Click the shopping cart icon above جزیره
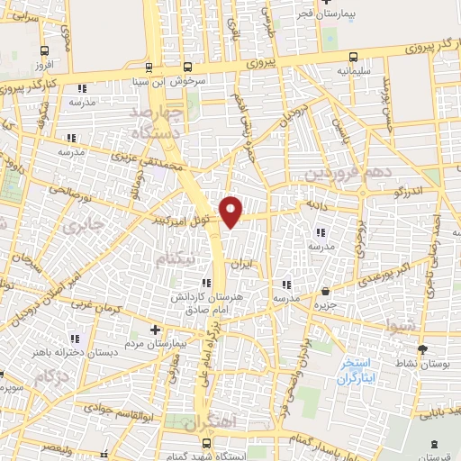tap(325, 290)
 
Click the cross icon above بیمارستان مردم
tap(154, 330)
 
